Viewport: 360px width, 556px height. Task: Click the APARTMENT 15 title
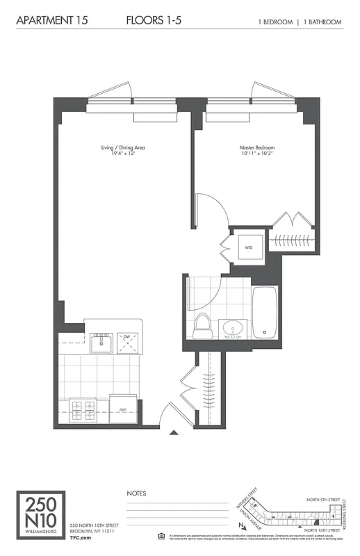pos(47,21)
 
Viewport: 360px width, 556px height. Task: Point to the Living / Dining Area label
pos(123,148)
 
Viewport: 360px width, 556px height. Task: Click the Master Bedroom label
pos(256,148)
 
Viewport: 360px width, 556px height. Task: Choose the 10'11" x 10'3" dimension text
pos(256,154)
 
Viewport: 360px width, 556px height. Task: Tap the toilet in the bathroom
pos(202,325)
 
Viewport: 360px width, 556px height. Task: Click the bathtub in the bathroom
pos(265,312)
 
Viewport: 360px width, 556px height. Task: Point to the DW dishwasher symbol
pos(127,341)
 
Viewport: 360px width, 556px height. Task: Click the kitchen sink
pos(102,341)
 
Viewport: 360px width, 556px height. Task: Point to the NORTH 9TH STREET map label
pos(325,500)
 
